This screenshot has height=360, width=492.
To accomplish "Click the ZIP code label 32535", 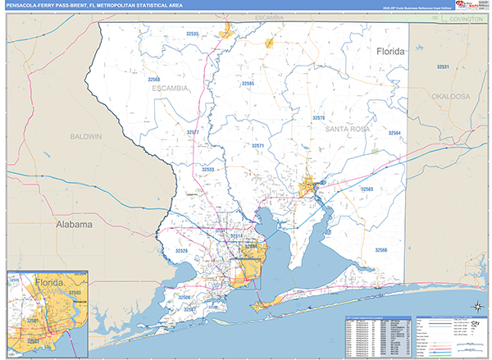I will coord(193,34).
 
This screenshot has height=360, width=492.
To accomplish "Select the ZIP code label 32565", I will coord(247,84).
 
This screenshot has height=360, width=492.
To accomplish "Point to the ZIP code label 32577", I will coord(193,131).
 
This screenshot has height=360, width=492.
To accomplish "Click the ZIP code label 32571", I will coord(257,145).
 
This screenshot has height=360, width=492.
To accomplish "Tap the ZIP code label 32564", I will coord(394,133).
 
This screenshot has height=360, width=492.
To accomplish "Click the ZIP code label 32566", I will coord(381,249).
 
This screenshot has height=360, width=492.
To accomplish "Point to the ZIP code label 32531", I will coord(443,66).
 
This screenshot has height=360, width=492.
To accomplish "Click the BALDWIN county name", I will coord(85,135).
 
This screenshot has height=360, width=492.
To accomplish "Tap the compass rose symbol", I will coord(477,308).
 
